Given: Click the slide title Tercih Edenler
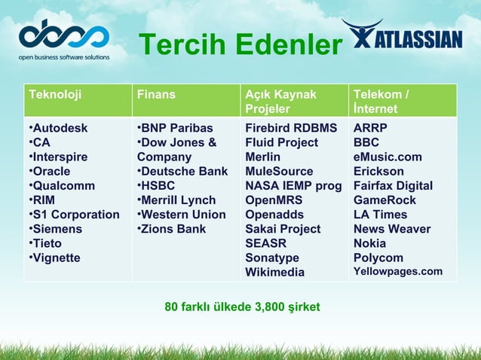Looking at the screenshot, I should click(240, 45).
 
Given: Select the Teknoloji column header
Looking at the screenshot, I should click(55, 95).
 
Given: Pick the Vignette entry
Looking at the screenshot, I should click(57, 258).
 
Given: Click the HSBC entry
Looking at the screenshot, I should click(160, 185).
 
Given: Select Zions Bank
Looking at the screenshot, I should click(171, 228).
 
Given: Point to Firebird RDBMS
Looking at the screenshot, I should click(291, 128).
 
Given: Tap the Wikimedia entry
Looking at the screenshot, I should click(274, 272).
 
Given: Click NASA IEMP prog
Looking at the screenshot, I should click(293, 185).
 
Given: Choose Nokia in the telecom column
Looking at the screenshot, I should click(369, 243).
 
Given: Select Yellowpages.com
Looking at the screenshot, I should click(398, 272).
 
